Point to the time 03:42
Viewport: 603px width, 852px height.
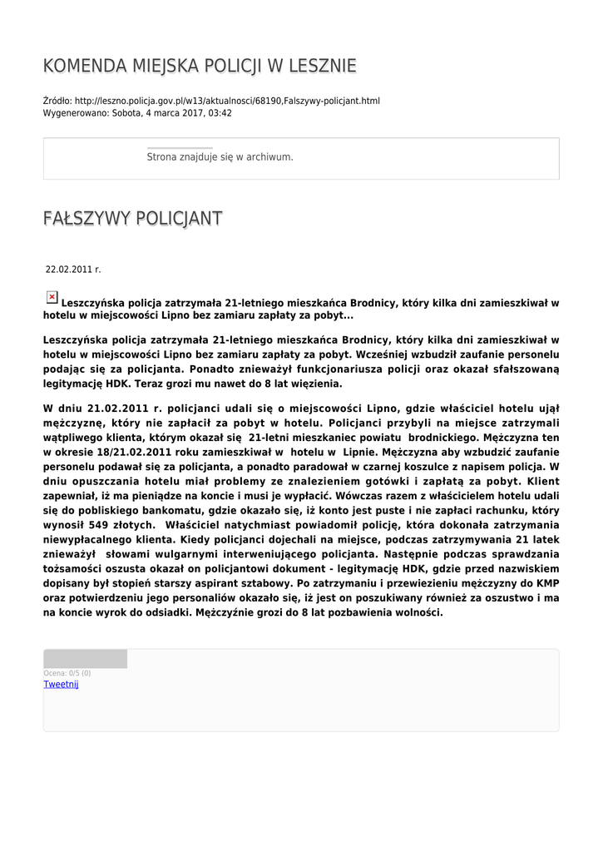(220, 113)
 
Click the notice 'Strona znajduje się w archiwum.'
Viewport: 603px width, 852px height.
(220, 156)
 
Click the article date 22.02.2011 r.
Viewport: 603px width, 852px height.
(73, 270)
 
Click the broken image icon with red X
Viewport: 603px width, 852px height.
(52, 297)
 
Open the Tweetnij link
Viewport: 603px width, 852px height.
(61, 684)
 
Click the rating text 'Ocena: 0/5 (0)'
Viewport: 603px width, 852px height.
(67, 673)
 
